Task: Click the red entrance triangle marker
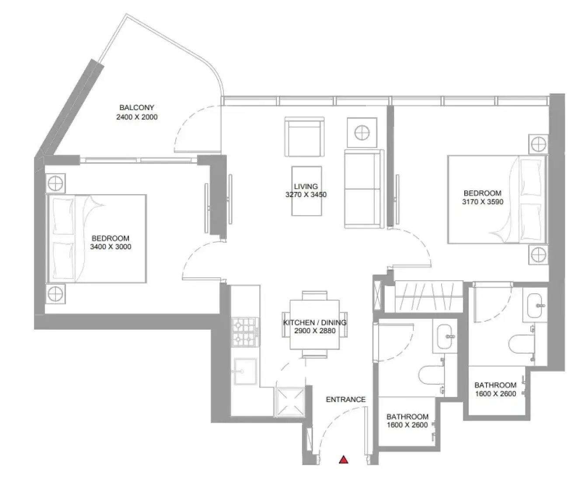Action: (344, 460)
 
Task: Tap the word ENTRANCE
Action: (346, 399)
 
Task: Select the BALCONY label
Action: (137, 108)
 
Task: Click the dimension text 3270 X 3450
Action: (306, 195)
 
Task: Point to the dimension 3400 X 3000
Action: (111, 247)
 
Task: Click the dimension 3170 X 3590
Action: (483, 202)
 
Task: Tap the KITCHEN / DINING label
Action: (315, 323)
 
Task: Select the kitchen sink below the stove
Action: (245, 371)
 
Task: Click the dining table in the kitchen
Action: (314, 324)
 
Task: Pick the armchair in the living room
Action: (304, 137)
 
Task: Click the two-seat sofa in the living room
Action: (364, 189)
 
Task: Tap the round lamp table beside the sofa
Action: (362, 132)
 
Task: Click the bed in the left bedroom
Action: (96, 239)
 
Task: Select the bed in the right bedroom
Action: (497, 199)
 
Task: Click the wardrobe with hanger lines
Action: (429, 296)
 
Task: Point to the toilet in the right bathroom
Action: (522, 345)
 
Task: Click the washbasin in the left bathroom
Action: (444, 337)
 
